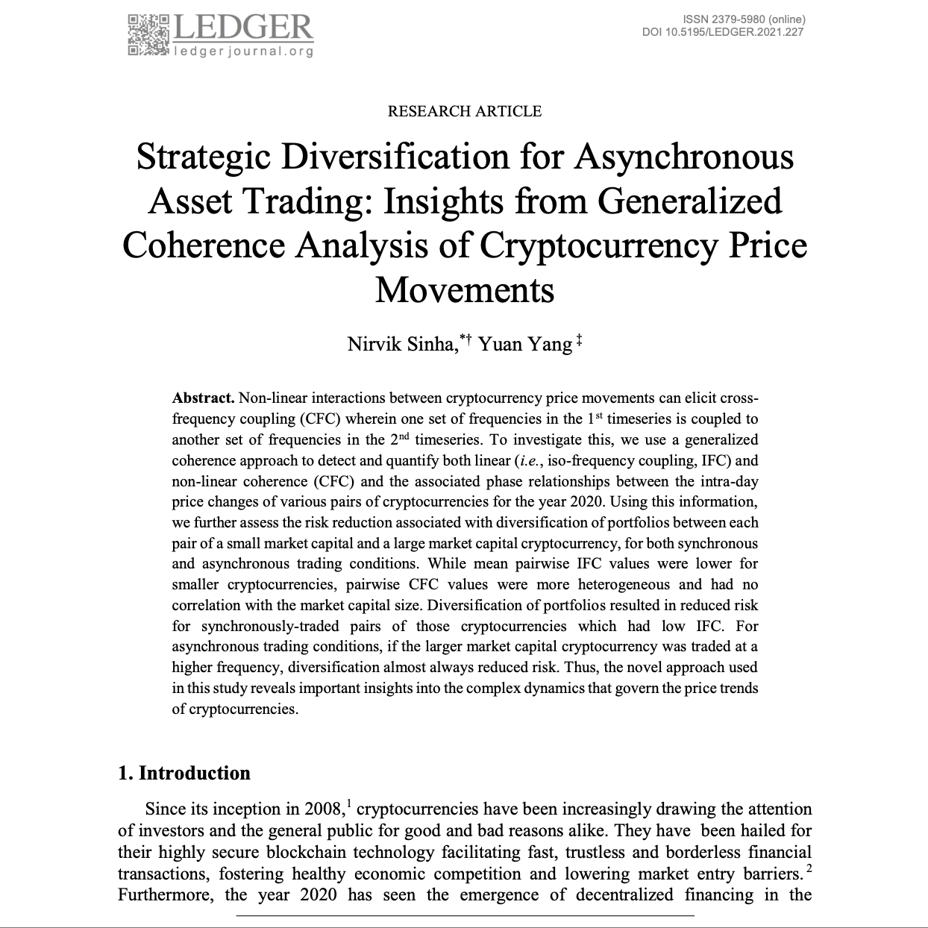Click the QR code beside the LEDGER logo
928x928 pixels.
[x=149, y=34]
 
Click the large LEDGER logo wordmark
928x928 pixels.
[x=243, y=28]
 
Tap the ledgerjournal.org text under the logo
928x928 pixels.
[x=243, y=51]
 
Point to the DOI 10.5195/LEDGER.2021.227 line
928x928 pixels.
[x=722, y=31]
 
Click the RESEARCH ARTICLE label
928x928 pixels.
[x=464, y=111]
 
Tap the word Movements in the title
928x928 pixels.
[x=464, y=289]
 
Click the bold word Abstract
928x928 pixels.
[x=203, y=398]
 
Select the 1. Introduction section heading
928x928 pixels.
[x=184, y=773]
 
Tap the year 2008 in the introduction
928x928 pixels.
[x=325, y=809]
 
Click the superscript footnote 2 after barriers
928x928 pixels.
[x=808, y=869]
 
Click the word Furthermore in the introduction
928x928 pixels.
[x=165, y=894]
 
